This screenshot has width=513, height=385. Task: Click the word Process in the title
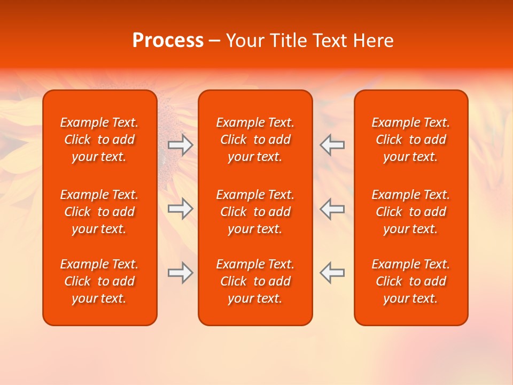(168, 41)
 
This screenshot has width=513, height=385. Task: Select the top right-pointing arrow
(181, 145)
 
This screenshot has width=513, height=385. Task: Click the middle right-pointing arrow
(181, 209)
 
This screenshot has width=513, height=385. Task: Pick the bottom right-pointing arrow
(181, 273)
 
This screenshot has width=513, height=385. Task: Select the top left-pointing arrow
(332, 145)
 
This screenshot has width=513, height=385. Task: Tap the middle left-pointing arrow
(332, 209)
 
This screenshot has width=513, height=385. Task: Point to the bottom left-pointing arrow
(332, 273)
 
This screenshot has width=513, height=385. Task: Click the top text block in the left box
(99, 140)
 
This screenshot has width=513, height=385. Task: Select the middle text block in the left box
(99, 212)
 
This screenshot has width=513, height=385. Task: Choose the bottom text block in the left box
(99, 281)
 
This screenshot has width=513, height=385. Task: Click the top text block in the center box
(255, 140)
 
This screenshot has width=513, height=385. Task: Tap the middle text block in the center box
(255, 212)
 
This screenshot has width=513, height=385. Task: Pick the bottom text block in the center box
(255, 281)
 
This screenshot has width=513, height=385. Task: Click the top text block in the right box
(411, 140)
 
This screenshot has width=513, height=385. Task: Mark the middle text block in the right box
(411, 212)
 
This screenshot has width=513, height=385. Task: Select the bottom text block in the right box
(411, 281)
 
